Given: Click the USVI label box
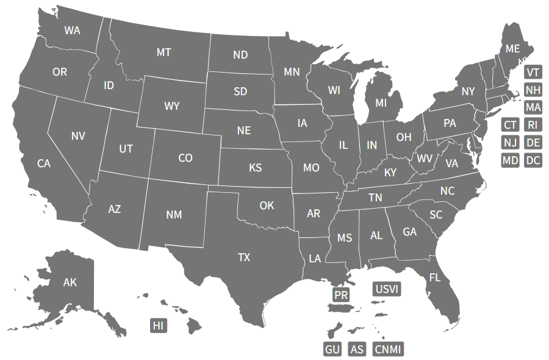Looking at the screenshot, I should coord(387,289).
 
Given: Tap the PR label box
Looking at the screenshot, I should coord(341,295).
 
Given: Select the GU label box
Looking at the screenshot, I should coord(332,349).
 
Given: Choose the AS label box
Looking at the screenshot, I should coord(357,349).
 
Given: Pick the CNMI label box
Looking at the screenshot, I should coord(388,349).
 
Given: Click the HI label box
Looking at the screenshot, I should coord(159,325).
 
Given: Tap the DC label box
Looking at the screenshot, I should coord(533,160).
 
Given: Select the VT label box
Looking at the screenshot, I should coord(533,73).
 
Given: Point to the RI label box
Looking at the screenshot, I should coord(533,125).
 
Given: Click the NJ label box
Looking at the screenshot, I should coord(511,143).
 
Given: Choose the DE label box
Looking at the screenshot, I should coord(533,143).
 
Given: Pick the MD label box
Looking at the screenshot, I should coord(511,160).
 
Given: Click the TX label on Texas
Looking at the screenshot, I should coord(244,257).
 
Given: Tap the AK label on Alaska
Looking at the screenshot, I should coord(70,282).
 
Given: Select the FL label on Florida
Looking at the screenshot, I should coord(434,277).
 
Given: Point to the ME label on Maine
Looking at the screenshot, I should coord(512,48).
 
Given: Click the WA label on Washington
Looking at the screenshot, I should coord(73,30).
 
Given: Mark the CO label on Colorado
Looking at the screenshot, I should coord(185,158).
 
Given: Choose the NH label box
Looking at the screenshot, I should coord(533,90).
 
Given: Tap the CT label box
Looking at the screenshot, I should coord(511,125).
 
